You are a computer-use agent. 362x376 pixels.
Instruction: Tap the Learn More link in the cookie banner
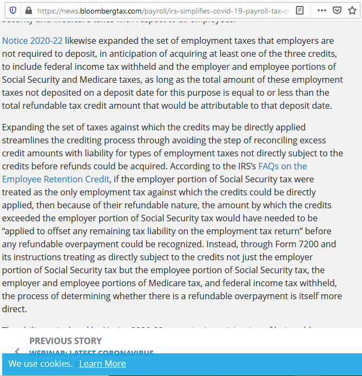102,364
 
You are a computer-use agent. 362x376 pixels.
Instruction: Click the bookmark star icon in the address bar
352,10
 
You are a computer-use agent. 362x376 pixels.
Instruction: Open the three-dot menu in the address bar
321,10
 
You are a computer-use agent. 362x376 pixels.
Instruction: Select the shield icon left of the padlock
13,10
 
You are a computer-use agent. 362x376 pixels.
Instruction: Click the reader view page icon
300,10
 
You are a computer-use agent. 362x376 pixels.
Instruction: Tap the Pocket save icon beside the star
337,10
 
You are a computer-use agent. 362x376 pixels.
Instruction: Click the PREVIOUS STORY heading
65,341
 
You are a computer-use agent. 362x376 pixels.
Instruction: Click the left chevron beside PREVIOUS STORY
17,351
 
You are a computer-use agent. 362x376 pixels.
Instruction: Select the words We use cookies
41,364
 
